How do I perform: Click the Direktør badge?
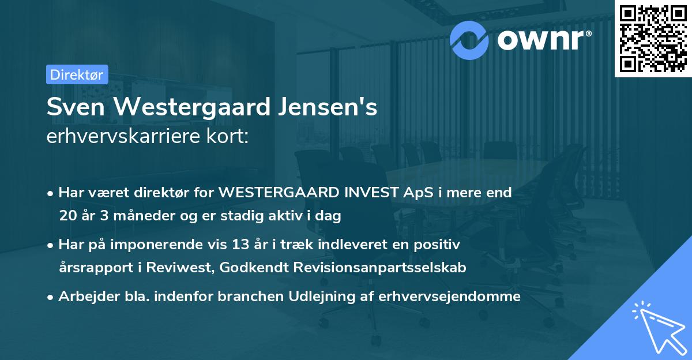coord(77,74)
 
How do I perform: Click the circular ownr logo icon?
coord(469,40)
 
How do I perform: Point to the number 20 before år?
coord(67,216)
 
